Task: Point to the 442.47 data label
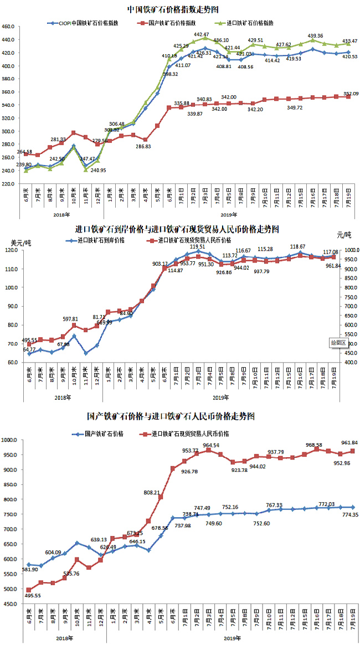click(201, 34)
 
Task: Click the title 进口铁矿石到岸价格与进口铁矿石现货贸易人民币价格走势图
click(177, 229)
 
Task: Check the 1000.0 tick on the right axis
click(348, 250)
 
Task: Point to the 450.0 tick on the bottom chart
click(11, 604)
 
